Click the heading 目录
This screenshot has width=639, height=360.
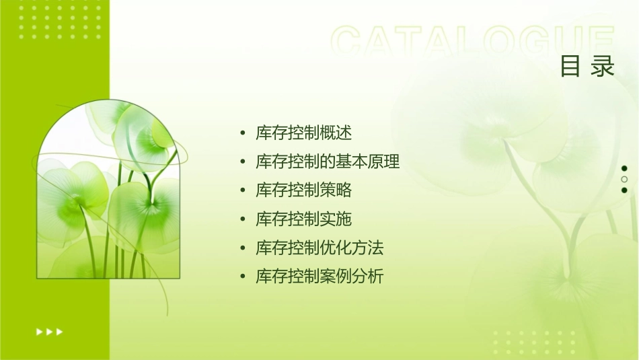pyautogui.click(x=587, y=67)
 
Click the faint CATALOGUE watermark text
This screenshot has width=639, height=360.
pyautogui.click(x=473, y=42)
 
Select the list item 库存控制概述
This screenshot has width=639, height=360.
pyautogui.click(x=303, y=133)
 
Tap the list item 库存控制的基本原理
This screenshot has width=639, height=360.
pyautogui.click(x=328, y=162)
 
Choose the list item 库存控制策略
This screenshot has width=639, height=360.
pyautogui.click(x=303, y=190)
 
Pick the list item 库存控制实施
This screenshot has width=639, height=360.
pyautogui.click(x=303, y=219)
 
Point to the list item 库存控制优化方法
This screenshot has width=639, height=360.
pyautogui.click(x=319, y=248)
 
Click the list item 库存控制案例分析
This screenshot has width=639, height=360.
pyautogui.click(x=319, y=277)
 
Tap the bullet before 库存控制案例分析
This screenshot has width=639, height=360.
pyautogui.click(x=243, y=277)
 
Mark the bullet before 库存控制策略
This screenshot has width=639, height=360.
pyautogui.click(x=243, y=191)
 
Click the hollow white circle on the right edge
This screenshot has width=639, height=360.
pyautogui.click(x=624, y=179)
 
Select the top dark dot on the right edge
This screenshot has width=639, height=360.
pyautogui.click(x=624, y=168)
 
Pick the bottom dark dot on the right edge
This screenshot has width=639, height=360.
pyautogui.click(x=624, y=190)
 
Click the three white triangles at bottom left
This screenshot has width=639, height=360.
pyautogui.click(x=49, y=331)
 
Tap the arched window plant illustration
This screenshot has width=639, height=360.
pyautogui.click(x=108, y=192)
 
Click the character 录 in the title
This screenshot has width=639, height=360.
pyautogui.click(x=603, y=67)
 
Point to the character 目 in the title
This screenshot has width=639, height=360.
pyautogui.click(x=570, y=67)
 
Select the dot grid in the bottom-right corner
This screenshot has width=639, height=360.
pyautogui.click(x=539, y=343)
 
